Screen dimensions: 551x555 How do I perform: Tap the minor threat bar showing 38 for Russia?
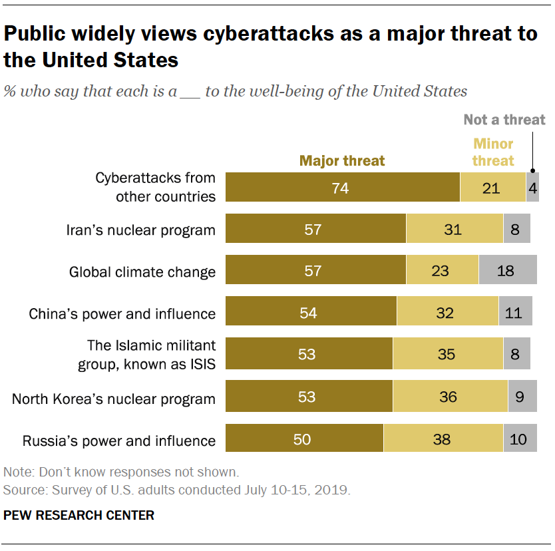tap(443, 439)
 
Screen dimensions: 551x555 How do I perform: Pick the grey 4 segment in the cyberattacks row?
tap(532, 187)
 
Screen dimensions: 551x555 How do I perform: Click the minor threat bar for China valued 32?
tap(447, 312)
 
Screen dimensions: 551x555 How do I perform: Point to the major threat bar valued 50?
tap(304, 439)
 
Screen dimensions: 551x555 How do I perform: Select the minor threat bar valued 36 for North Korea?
tap(450, 397)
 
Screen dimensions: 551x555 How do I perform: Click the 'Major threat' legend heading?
tap(342, 160)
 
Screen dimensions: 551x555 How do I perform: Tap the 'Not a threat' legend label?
tap(504, 120)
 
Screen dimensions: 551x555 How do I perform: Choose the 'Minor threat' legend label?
tap(493, 152)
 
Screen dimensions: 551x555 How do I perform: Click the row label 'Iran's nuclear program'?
tap(141, 230)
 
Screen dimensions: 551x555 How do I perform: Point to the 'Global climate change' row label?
tap(142, 272)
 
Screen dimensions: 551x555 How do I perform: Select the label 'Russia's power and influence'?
tap(119, 440)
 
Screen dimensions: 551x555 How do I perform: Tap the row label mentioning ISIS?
tap(152, 354)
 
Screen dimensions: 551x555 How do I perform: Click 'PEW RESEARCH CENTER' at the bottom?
tap(79, 515)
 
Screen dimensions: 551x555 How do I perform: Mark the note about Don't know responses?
tap(120, 472)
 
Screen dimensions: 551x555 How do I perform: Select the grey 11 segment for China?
tap(515, 312)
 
